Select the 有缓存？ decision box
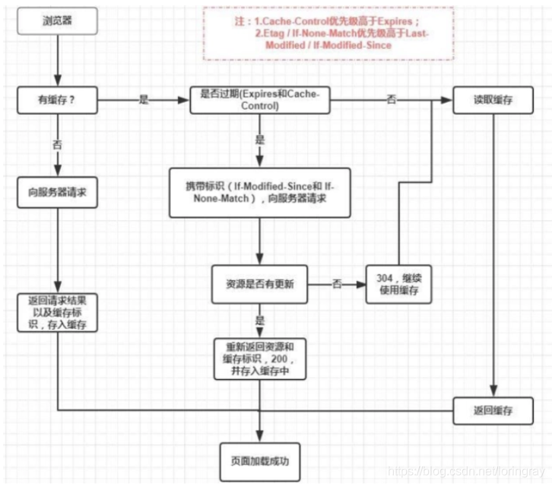tap(59, 100)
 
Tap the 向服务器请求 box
tap(58, 193)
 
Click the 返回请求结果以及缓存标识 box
tap(58, 311)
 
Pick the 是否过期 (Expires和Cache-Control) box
tap(260, 100)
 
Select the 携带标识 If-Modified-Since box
tap(261, 193)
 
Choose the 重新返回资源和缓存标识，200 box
tap(261, 358)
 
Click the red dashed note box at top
tap(328, 34)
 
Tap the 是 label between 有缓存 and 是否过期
tap(144, 100)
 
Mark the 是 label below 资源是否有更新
tap(261, 321)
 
